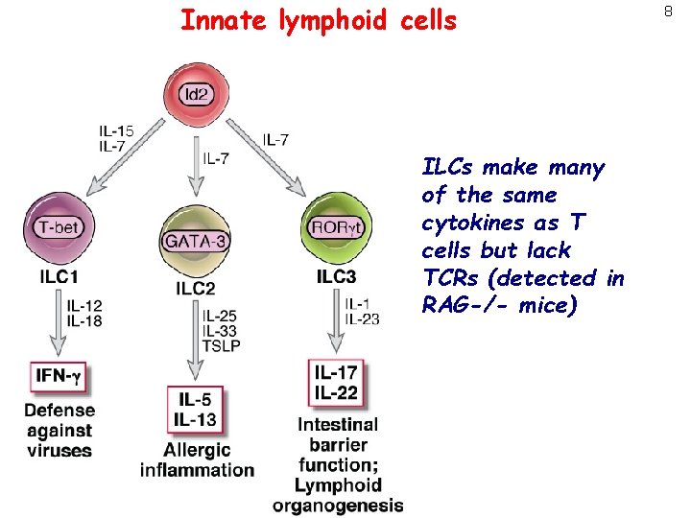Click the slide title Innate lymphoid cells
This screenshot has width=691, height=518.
click(x=319, y=20)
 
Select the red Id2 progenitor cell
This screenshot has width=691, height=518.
click(x=196, y=92)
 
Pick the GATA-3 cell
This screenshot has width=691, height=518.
click(x=196, y=241)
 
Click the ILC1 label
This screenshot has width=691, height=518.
click(x=60, y=276)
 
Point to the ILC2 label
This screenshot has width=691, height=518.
click(x=196, y=288)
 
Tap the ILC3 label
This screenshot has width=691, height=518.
click(x=336, y=277)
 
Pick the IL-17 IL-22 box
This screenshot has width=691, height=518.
click(x=336, y=383)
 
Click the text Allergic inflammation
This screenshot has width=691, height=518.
click(x=197, y=459)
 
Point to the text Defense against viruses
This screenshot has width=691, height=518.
click(x=60, y=430)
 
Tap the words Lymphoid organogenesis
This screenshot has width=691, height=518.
click(x=338, y=495)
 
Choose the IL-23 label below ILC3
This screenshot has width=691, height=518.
click(x=362, y=319)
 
